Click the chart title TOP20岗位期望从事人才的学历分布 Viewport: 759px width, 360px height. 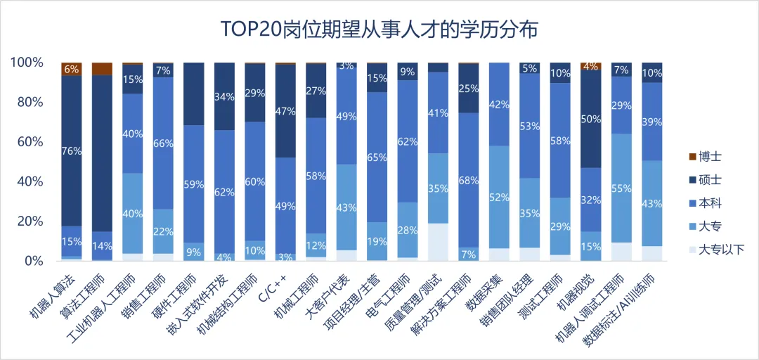tap(379, 30)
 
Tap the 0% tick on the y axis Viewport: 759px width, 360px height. tap(34, 261)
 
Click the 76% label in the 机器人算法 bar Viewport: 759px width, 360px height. tap(72, 150)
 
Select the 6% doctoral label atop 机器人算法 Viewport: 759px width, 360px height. tap(72, 69)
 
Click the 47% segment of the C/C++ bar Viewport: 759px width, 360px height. tap(285, 111)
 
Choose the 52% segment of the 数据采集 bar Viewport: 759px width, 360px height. tap(499, 197)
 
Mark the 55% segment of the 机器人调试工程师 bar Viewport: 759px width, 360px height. tap(621, 188)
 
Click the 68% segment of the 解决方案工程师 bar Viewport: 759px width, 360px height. tap(469, 180)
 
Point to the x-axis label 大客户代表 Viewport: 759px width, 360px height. tap(324, 295)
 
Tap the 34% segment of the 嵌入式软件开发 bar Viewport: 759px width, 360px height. tap(224, 96)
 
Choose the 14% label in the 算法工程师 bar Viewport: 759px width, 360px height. tap(103, 246)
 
